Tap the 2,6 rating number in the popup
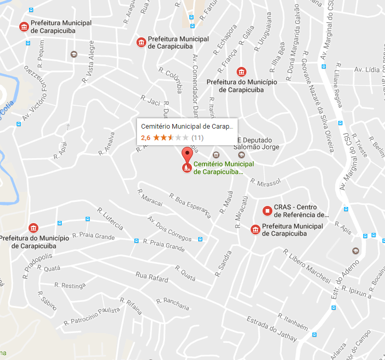click(146, 137)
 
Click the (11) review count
click(197, 137)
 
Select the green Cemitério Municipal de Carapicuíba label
click(223, 168)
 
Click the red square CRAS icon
click(267, 211)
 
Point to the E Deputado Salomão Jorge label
click(258, 144)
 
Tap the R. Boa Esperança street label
click(190, 205)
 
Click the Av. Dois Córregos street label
click(170, 229)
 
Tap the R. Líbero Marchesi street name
click(307, 266)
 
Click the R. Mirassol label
click(265, 182)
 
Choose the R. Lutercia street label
click(110, 219)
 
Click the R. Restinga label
click(73, 285)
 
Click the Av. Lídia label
click(367, 69)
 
